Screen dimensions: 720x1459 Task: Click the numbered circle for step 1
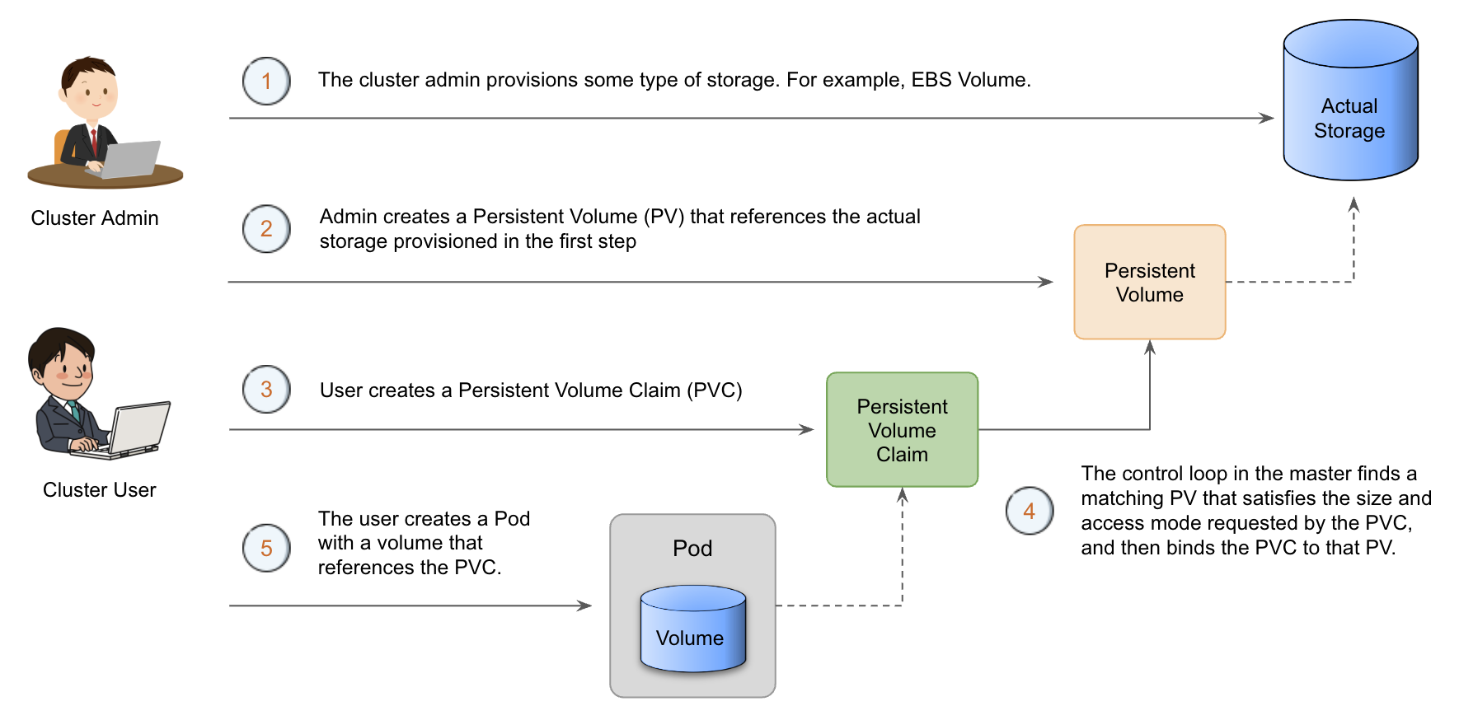pos(266,81)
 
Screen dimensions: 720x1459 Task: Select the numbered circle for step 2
pos(266,228)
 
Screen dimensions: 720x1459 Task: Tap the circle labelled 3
pos(266,389)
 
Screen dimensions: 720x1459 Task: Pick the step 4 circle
pos(1030,511)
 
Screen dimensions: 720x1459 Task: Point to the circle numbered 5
pos(266,548)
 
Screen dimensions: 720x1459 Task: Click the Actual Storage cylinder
pos(1350,103)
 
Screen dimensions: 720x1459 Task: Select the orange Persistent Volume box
pos(1150,282)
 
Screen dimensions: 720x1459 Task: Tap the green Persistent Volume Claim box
pos(902,429)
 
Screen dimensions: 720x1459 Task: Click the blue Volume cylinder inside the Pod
pos(692,629)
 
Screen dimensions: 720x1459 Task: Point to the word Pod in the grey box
pos(692,549)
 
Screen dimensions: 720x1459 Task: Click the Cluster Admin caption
pos(95,218)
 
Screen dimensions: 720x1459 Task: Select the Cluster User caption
pos(99,490)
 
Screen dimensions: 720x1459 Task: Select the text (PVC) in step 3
pos(715,390)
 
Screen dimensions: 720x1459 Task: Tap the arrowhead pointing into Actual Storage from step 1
pos(1267,118)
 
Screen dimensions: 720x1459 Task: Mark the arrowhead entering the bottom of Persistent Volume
pos(1150,347)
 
